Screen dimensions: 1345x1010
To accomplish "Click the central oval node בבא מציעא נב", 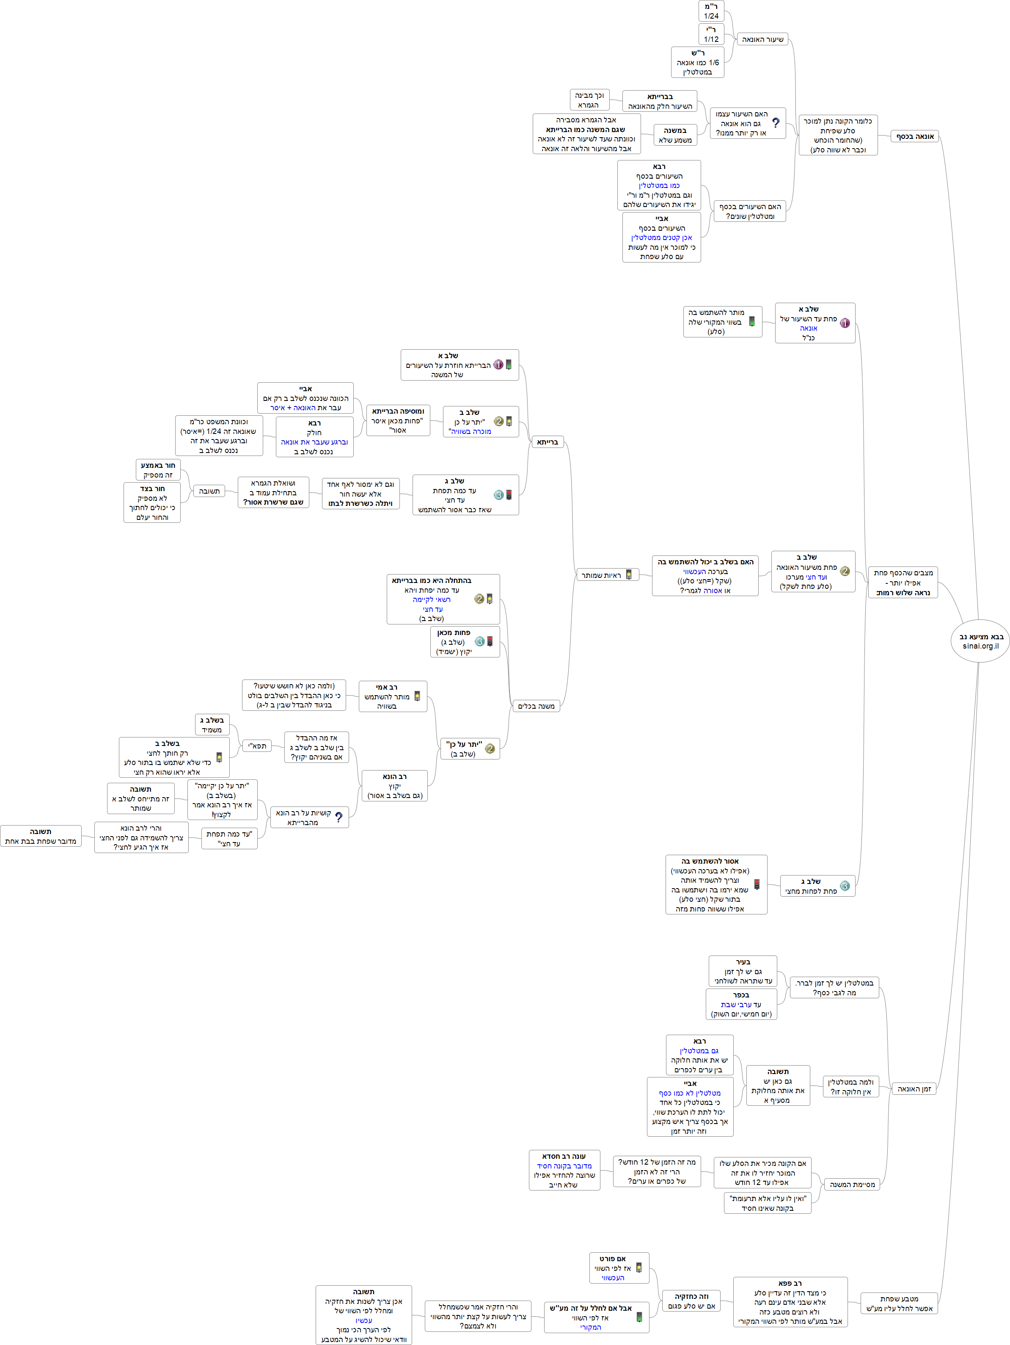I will point(980,641).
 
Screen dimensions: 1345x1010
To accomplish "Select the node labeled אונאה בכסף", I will point(915,136).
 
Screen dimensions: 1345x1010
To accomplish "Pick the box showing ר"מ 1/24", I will point(711,11).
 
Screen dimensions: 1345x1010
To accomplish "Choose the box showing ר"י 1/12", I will point(711,34).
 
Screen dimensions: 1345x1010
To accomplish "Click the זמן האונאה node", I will point(914,1088).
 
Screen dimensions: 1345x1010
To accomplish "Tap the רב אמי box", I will point(393,696).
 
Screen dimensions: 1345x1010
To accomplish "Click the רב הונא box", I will point(394,786).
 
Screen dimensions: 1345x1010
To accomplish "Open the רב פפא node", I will point(790,1302).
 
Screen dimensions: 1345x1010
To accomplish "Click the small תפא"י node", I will point(257,746).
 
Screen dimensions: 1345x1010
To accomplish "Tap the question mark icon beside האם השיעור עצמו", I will point(776,123).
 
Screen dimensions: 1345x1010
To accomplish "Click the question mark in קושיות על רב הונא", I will point(339,817).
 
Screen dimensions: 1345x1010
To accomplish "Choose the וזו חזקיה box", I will point(691,1301).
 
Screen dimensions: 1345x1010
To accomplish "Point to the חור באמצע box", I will point(157,470).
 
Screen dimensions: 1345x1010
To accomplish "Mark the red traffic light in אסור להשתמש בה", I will point(757,884).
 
